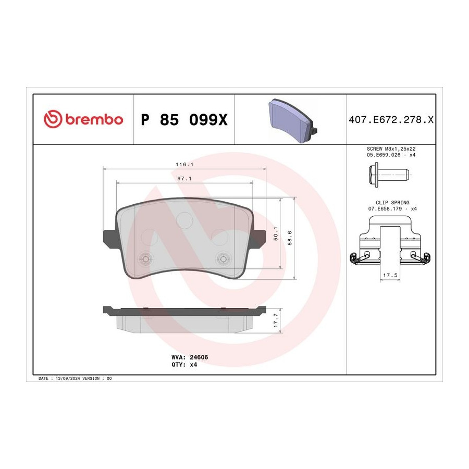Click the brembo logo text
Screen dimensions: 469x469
click(x=94, y=120)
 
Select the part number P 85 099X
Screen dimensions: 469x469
click(x=184, y=120)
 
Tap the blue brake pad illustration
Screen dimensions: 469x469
click(x=293, y=121)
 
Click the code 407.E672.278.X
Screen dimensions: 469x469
click(x=391, y=120)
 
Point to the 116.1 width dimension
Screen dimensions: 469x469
click(x=184, y=165)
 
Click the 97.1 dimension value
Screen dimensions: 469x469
click(x=184, y=179)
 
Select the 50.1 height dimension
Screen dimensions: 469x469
click(x=276, y=233)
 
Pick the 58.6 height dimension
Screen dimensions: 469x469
click(x=290, y=238)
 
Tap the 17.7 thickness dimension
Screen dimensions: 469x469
click(x=276, y=320)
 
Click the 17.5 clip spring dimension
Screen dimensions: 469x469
click(x=390, y=275)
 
